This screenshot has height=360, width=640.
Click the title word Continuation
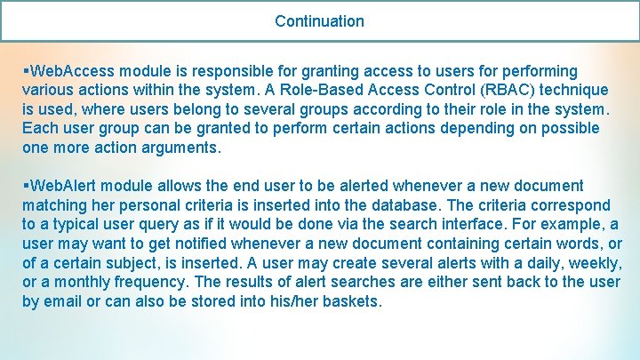pyautogui.click(x=319, y=20)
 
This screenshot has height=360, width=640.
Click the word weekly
pyautogui.click(x=592, y=264)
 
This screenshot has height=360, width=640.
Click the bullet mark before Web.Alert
pyautogui.click(x=27, y=187)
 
